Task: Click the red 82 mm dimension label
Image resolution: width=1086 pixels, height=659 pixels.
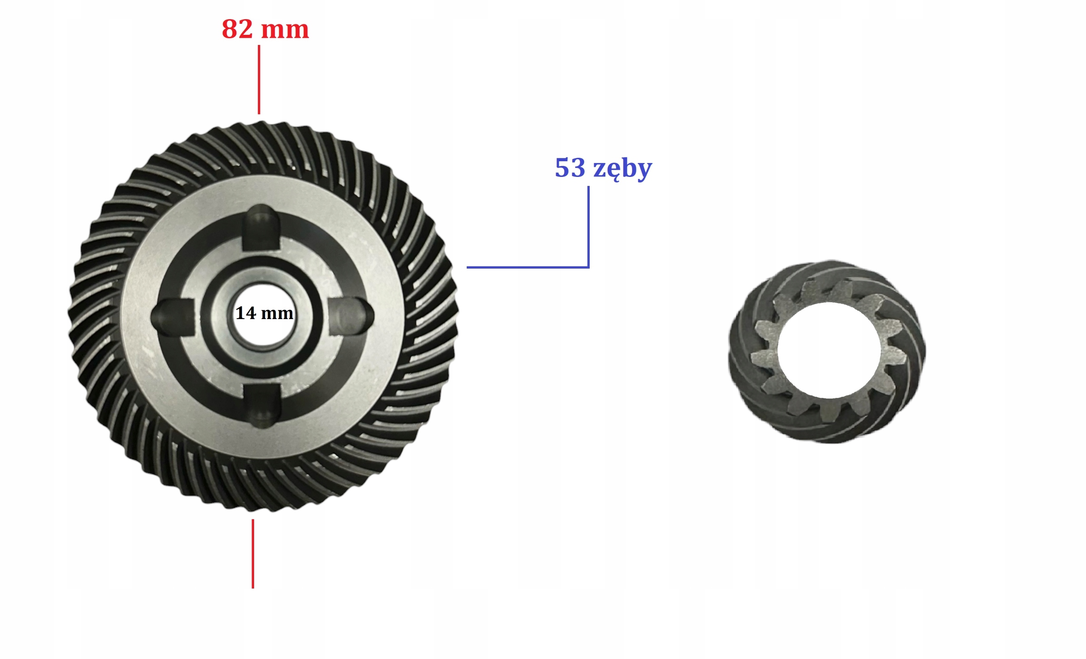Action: tap(265, 29)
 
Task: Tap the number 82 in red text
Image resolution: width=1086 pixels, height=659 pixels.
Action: tap(237, 29)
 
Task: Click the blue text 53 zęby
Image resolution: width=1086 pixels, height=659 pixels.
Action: tap(603, 169)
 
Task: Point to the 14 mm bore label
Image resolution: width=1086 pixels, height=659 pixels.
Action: tap(264, 313)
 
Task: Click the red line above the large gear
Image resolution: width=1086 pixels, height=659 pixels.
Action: tap(259, 80)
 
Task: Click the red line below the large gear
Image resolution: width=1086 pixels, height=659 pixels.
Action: tap(252, 554)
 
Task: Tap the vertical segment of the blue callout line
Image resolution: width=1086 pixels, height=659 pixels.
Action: tap(588, 227)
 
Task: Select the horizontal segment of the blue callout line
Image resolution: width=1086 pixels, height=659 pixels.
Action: tap(528, 267)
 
